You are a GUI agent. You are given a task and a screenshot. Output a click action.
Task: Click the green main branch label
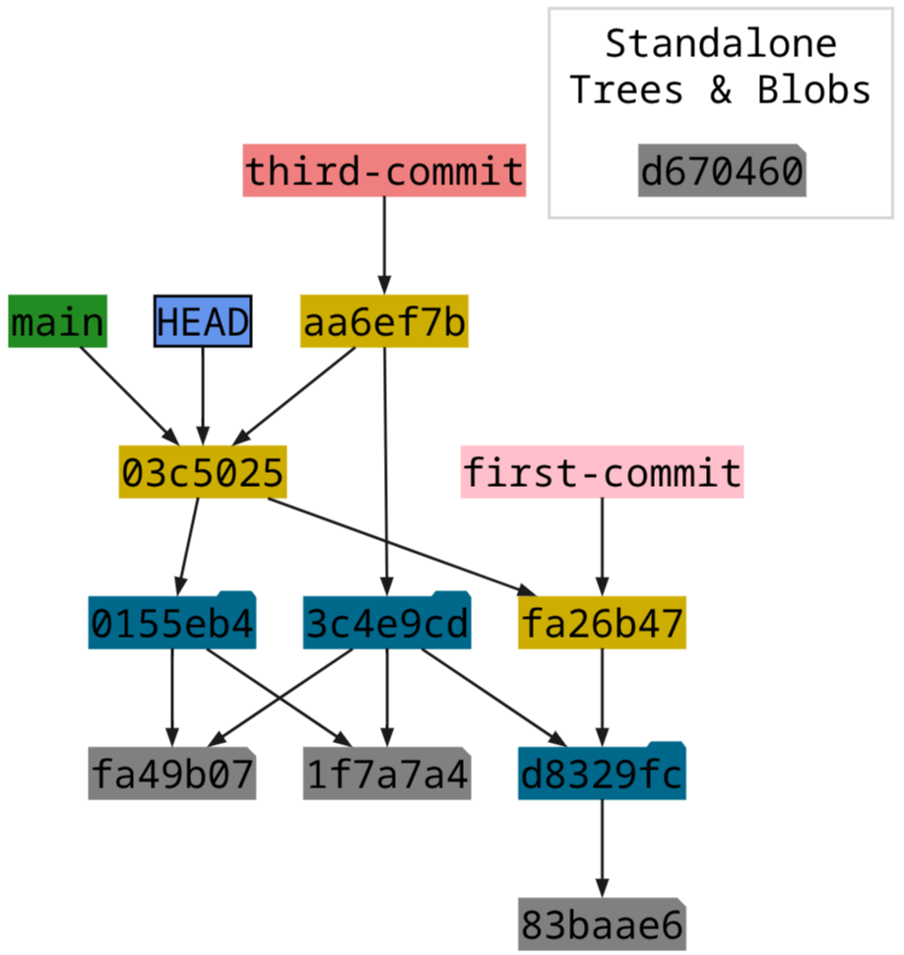point(57,322)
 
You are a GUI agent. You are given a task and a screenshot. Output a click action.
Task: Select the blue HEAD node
point(203,322)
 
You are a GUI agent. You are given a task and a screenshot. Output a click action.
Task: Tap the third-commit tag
point(384,171)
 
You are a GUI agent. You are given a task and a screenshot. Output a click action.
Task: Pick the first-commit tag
point(602,473)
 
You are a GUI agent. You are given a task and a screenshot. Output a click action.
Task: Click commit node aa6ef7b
point(384,322)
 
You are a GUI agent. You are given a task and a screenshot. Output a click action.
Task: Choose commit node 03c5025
point(203,473)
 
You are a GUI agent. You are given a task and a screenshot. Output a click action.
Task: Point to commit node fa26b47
point(602,624)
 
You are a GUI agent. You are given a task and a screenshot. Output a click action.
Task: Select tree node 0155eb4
point(172,624)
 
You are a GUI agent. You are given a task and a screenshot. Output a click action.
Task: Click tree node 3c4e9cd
point(387,624)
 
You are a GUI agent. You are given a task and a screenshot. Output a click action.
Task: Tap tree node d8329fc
point(602,775)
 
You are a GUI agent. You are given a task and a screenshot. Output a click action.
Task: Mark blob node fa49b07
point(172,775)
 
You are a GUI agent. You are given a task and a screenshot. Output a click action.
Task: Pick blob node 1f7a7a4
point(387,775)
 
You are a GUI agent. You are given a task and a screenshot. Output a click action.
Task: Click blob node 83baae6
point(602,925)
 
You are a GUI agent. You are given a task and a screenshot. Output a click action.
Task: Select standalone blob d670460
point(722,171)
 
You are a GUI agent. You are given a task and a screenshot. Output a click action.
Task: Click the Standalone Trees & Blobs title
point(721,67)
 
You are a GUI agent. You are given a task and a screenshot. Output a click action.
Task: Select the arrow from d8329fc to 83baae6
point(602,849)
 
